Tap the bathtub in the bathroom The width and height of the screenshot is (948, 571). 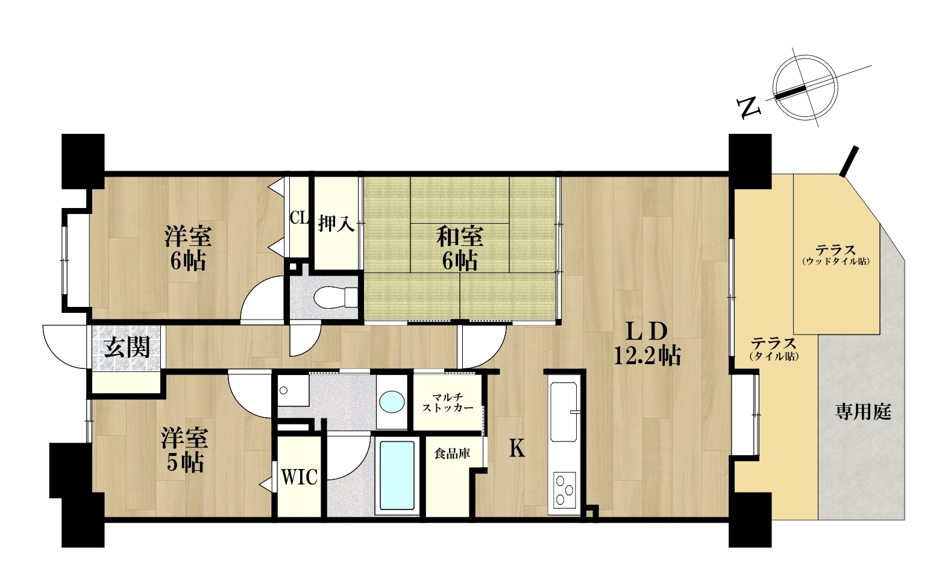397,475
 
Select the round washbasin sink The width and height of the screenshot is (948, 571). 392,401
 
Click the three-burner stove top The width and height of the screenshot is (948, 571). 564,490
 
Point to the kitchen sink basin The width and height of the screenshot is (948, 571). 563,411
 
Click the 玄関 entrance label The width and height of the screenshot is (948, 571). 127,347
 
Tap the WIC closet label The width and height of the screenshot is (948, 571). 299,477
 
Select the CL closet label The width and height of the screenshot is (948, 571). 299,218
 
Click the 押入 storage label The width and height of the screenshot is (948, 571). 336,224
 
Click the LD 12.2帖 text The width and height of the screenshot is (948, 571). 647,344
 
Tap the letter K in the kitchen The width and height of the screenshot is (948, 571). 516,448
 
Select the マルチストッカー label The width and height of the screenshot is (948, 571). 448,403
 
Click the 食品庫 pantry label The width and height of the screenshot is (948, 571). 452,454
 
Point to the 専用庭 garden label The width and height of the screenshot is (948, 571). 863,412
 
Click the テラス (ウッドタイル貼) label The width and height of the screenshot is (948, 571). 835,254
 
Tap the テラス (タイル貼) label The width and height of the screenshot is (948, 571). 774,349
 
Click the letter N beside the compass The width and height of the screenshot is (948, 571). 749,107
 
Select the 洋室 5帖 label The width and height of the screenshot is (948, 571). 184,450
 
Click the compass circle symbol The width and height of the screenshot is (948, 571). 805,87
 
